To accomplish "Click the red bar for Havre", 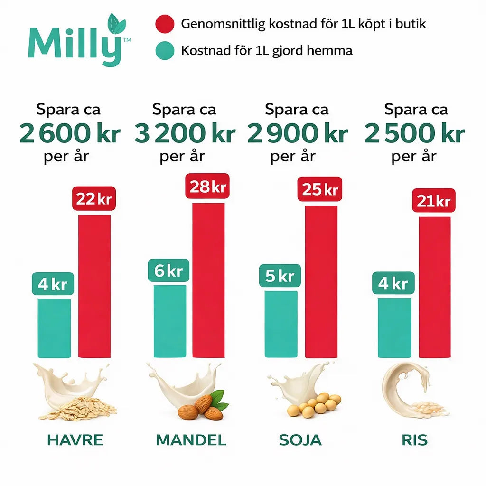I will point(94,286).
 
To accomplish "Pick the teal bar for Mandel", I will point(170,321).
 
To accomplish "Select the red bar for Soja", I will point(321,281).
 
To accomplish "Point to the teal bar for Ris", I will point(394,327).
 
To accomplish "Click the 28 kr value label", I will point(207,187).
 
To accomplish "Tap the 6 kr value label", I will point(168,271).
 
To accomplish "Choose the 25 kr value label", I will point(320,190).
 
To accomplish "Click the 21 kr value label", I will point(433,201).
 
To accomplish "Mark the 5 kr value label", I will point(280,276).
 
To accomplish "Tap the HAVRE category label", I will point(75,440).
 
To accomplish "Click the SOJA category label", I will point(300,440).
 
